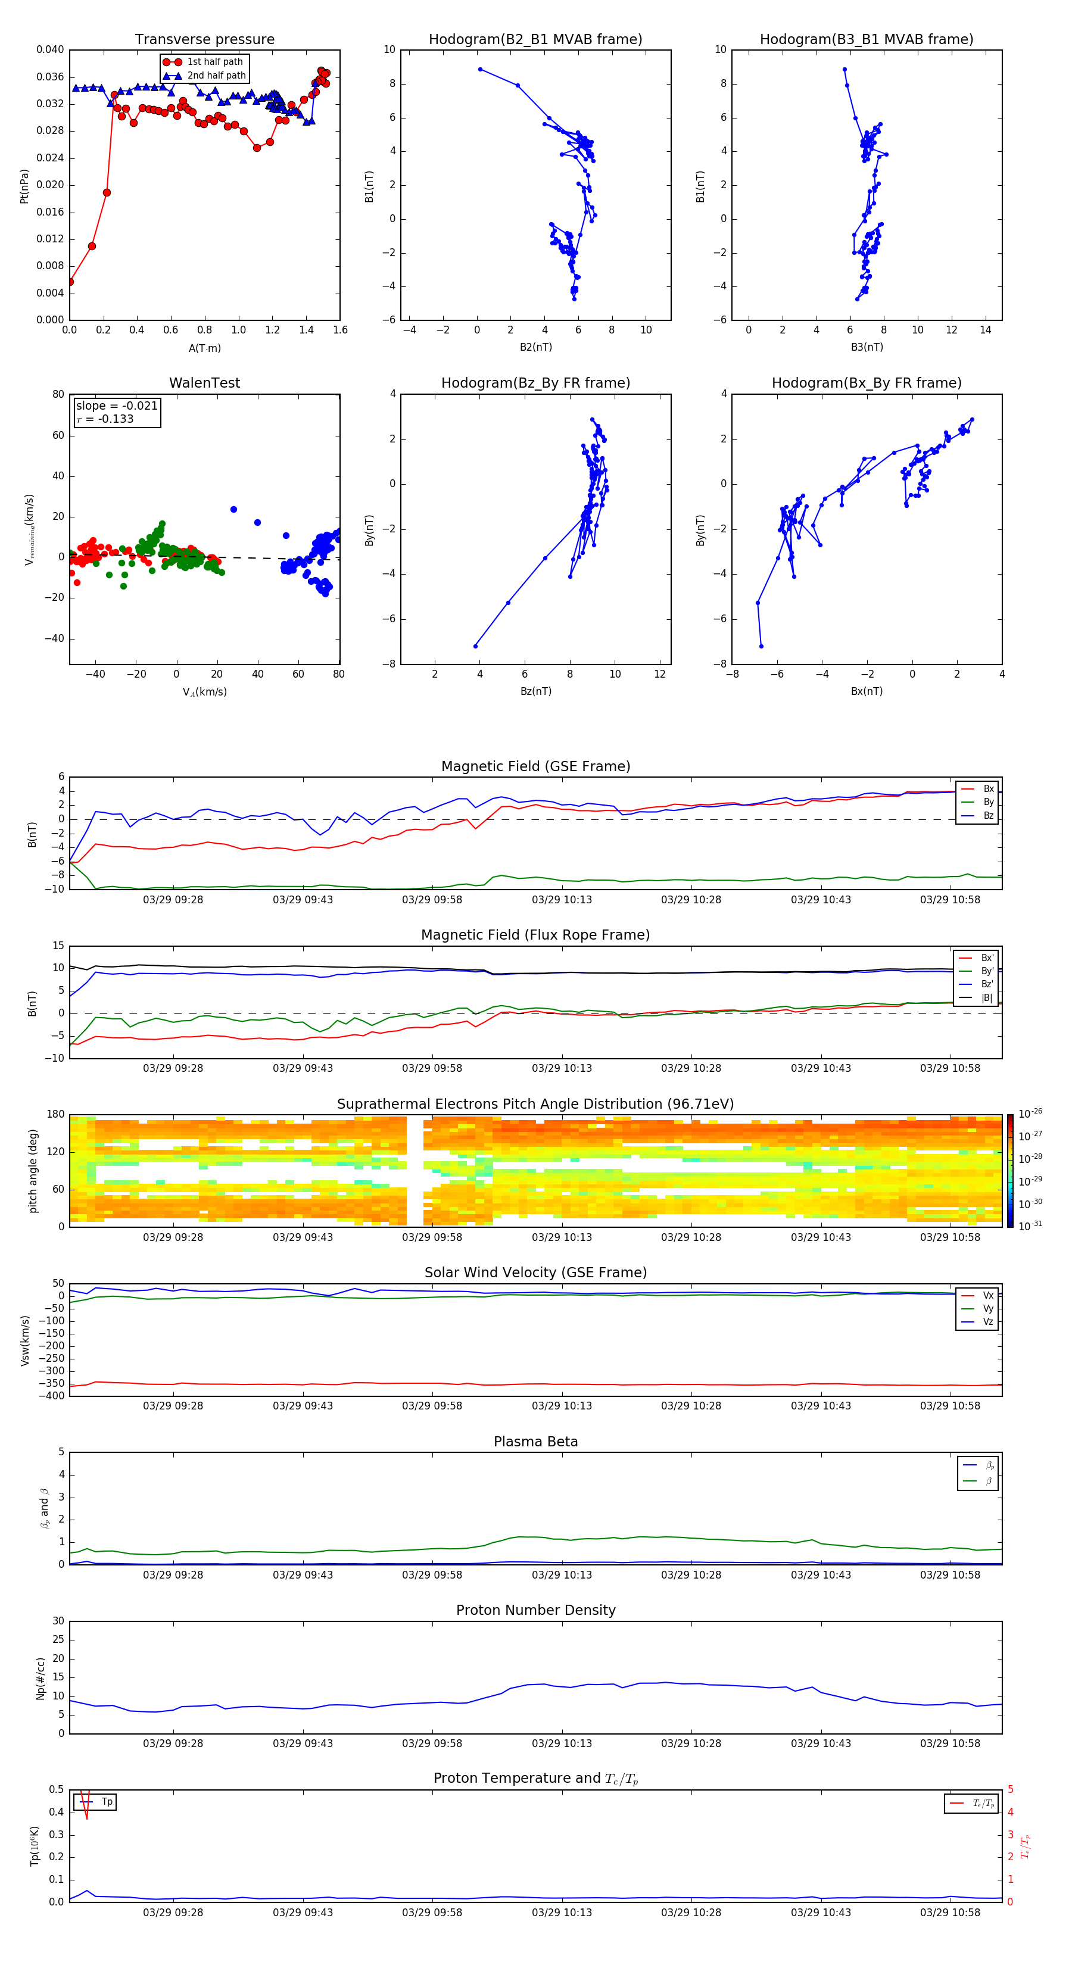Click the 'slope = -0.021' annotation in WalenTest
point(117,406)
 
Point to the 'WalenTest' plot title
point(204,383)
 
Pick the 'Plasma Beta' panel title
point(535,1442)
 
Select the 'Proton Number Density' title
point(535,1610)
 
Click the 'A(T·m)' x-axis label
point(204,348)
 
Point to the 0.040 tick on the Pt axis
point(51,49)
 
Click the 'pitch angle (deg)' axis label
point(33,1170)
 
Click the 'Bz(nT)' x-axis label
point(535,691)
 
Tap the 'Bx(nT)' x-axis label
point(866,691)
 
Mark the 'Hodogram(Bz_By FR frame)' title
point(535,383)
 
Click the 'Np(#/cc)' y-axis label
point(40,1678)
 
